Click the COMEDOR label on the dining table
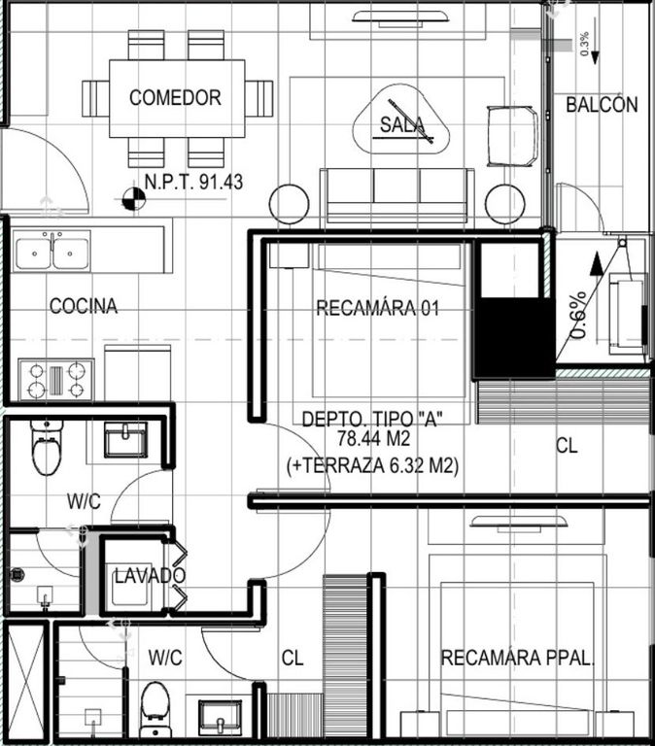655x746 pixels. coord(175,97)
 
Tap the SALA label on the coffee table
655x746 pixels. coord(401,124)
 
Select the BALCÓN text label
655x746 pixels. coord(602,104)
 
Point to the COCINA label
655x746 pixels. coord(84,305)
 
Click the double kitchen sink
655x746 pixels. coord(52,252)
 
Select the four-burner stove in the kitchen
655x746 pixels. coord(56,379)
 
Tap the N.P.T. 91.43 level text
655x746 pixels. coord(193,182)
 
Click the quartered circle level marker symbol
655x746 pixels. coord(133,199)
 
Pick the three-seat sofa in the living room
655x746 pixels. coord(397,196)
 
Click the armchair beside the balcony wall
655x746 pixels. coord(512,136)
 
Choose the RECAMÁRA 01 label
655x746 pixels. coord(377,308)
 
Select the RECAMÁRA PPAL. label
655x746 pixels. coord(518,658)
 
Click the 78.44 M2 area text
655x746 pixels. coord(374,438)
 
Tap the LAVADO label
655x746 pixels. coord(150,576)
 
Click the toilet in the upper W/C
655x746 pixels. coord(47,448)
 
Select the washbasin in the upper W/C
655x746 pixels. coord(125,440)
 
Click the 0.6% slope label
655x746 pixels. coord(578,315)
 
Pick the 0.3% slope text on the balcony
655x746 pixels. coord(585,44)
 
